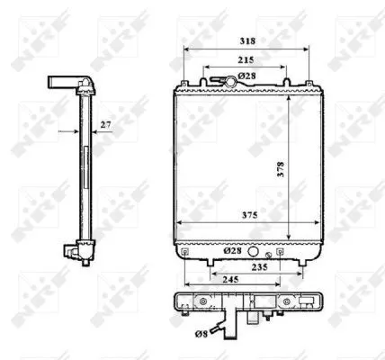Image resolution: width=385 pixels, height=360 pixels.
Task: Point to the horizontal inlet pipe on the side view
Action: pyautogui.click(x=61, y=83)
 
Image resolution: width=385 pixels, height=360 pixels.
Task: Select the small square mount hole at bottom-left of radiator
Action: pyautogui.click(x=184, y=253)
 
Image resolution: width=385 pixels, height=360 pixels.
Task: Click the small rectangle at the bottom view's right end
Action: pyautogui.click(x=312, y=303)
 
